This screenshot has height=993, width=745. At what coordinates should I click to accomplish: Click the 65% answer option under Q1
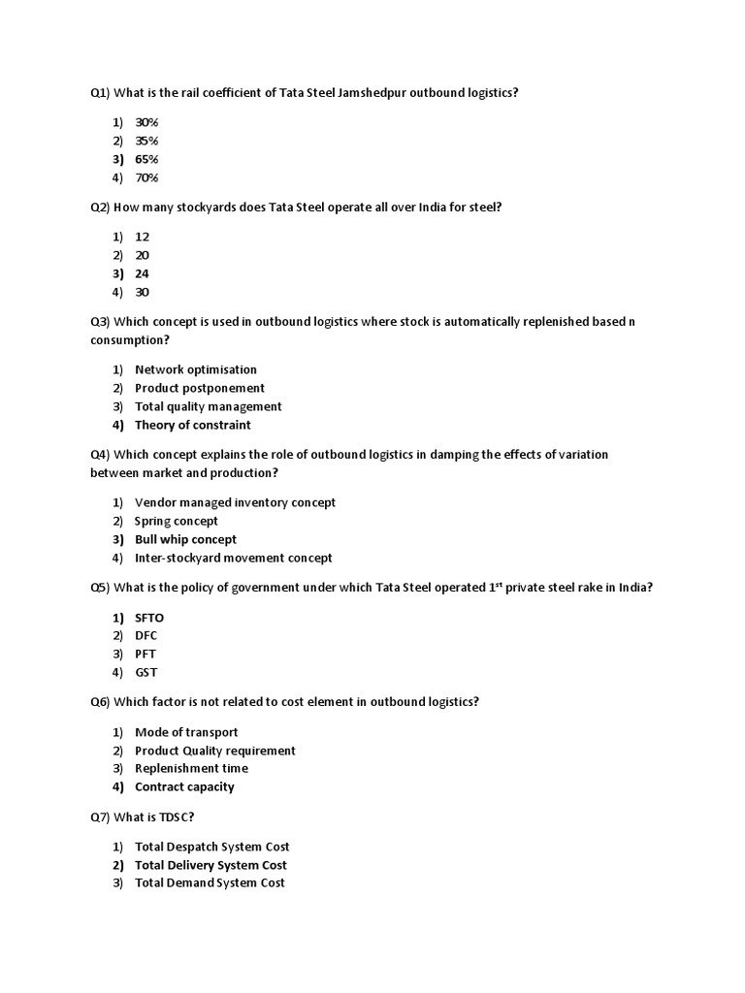point(146,159)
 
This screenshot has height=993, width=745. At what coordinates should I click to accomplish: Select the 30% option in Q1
point(146,122)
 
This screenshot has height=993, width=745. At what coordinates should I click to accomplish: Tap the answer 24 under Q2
point(142,273)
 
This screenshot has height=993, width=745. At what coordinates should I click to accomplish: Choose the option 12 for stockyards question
point(142,237)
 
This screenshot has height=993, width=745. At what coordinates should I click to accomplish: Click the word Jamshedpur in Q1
point(372,93)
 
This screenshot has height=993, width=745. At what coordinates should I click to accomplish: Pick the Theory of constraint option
point(192,425)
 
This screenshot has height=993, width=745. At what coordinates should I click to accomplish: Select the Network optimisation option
point(196,369)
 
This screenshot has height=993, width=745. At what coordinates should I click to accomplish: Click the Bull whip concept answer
point(185,539)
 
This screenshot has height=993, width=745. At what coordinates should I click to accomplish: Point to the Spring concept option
point(177,521)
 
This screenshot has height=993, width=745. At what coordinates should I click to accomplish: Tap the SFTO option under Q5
point(150,617)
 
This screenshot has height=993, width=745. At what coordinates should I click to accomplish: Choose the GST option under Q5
point(146,672)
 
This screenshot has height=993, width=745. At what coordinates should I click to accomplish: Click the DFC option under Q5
point(146,635)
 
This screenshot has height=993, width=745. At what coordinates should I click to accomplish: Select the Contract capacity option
point(184,786)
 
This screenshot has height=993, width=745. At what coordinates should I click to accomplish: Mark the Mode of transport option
point(186,732)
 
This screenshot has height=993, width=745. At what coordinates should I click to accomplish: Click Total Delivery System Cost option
point(211,865)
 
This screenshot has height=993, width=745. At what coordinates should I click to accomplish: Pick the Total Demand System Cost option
point(210,882)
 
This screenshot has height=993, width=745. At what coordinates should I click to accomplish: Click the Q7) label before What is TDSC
point(100,817)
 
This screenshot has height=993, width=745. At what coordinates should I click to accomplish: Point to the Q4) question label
point(100,454)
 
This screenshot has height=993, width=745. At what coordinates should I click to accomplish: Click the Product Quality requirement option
point(215,751)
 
